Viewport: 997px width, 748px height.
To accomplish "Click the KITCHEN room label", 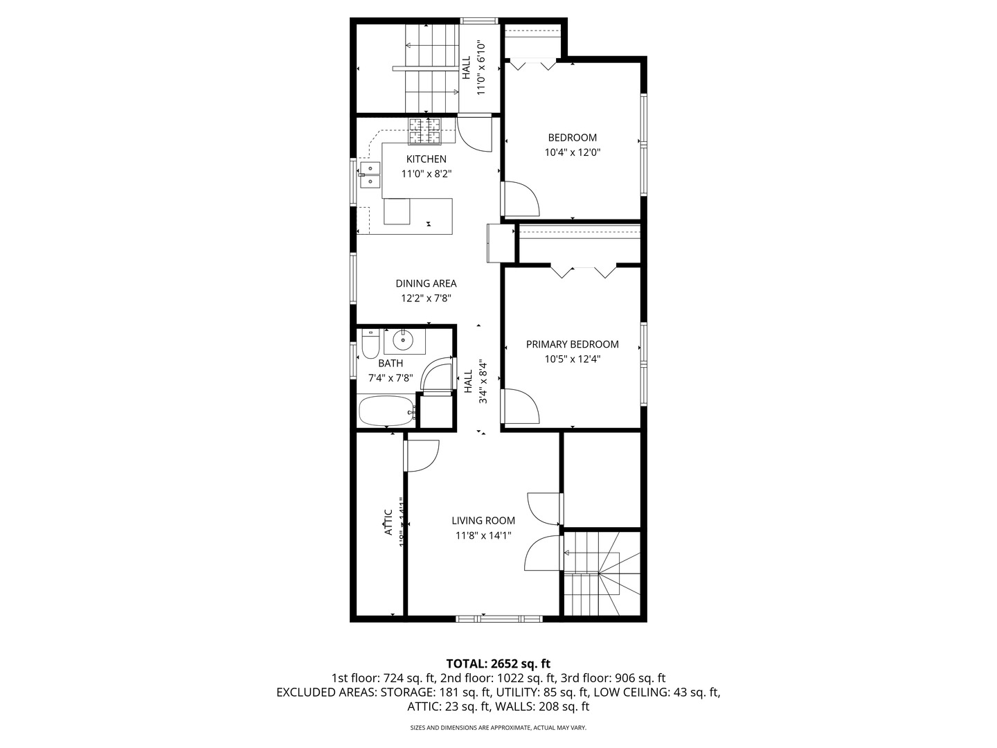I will tap(426, 159).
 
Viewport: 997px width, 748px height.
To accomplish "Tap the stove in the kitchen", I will tap(424, 132).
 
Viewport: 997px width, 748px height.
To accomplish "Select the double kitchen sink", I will tap(370, 175).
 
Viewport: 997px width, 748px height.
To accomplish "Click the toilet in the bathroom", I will tap(370, 343).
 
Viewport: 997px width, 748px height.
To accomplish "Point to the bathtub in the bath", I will tap(386, 411).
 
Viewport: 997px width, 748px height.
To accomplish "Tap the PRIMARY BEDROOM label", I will tap(572, 344).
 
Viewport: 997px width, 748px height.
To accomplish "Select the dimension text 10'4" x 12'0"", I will tap(572, 152).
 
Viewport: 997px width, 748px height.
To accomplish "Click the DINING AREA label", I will tap(426, 283).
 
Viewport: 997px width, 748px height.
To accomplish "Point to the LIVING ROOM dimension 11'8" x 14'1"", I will tap(483, 535).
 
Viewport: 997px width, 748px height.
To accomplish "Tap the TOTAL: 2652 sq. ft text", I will tap(498, 664).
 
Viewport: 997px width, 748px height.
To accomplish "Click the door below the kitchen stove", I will tap(474, 134).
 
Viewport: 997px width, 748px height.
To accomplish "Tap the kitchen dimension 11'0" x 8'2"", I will tap(426, 174).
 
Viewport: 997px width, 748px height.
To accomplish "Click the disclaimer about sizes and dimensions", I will tap(498, 728).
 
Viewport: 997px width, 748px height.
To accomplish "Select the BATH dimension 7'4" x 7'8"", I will tap(390, 378).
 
